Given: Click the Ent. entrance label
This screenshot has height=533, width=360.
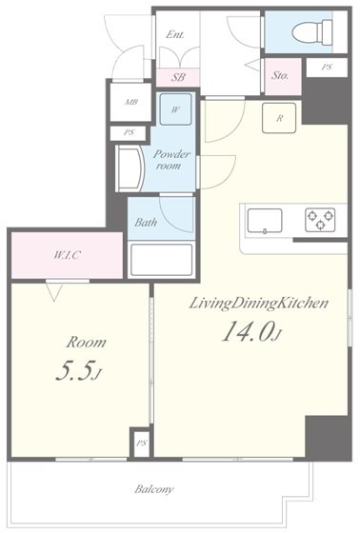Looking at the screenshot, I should pos(175,34).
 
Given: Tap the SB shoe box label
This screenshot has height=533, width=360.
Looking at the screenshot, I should pos(178,77).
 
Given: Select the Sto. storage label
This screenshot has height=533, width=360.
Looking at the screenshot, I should pos(281,74).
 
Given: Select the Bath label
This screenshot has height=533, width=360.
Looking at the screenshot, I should pos(146,224).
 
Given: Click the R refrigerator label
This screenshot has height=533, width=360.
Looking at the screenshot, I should pos(277,119).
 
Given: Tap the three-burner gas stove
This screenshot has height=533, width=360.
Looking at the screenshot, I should pos(320,220).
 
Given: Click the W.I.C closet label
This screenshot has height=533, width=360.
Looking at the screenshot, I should pos(67,255).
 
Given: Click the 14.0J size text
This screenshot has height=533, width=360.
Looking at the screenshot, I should pos(251,331).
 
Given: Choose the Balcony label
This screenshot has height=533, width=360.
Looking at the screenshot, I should pos(153,489).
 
